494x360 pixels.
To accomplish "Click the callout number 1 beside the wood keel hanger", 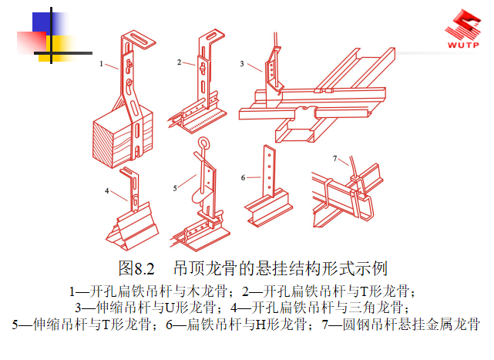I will click(102, 66).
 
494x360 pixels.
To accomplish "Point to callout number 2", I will click(179, 62).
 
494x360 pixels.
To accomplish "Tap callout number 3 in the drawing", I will click(242, 64).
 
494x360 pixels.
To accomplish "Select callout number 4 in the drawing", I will click(107, 189).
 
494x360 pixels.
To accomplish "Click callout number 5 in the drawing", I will click(176, 186).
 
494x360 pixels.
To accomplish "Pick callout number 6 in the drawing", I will click(242, 177).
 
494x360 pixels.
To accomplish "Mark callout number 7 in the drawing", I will click(335, 159).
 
